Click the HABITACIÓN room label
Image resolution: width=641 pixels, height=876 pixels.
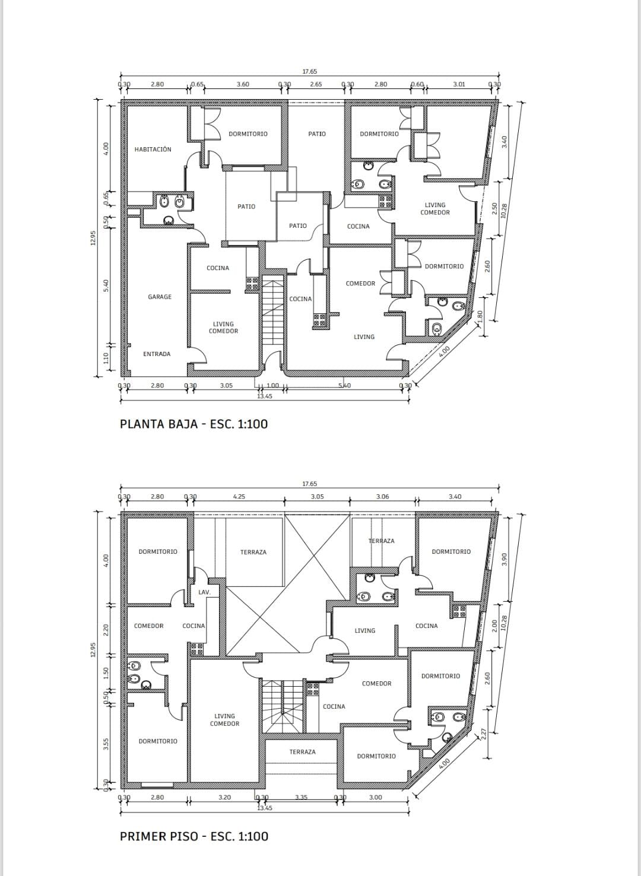coord(153,150)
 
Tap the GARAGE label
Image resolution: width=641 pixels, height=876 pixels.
coord(160,297)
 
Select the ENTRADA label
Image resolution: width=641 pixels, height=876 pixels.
coord(157,354)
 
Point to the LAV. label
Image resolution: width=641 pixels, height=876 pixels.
coord(204,592)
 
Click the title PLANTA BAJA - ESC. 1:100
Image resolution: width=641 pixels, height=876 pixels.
coord(193,424)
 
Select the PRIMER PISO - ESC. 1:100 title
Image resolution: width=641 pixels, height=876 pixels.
coord(194,836)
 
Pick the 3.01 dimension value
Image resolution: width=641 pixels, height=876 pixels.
coord(459,84)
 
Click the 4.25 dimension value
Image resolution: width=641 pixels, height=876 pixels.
coord(239,497)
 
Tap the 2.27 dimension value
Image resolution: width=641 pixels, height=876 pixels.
coord(484,733)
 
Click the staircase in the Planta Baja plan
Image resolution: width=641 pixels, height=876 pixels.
coord(272,310)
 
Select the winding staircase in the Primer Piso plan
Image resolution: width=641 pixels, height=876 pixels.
coord(283,706)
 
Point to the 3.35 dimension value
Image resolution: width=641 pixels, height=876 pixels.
coord(302,798)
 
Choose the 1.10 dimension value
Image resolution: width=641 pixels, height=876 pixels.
coord(106,358)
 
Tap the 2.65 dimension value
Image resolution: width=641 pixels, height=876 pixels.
coord(316,84)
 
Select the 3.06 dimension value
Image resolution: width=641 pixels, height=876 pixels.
coord(382,497)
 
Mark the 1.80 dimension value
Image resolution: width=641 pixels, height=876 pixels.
coord(481,316)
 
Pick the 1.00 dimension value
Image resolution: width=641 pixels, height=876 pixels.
coord(272,385)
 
